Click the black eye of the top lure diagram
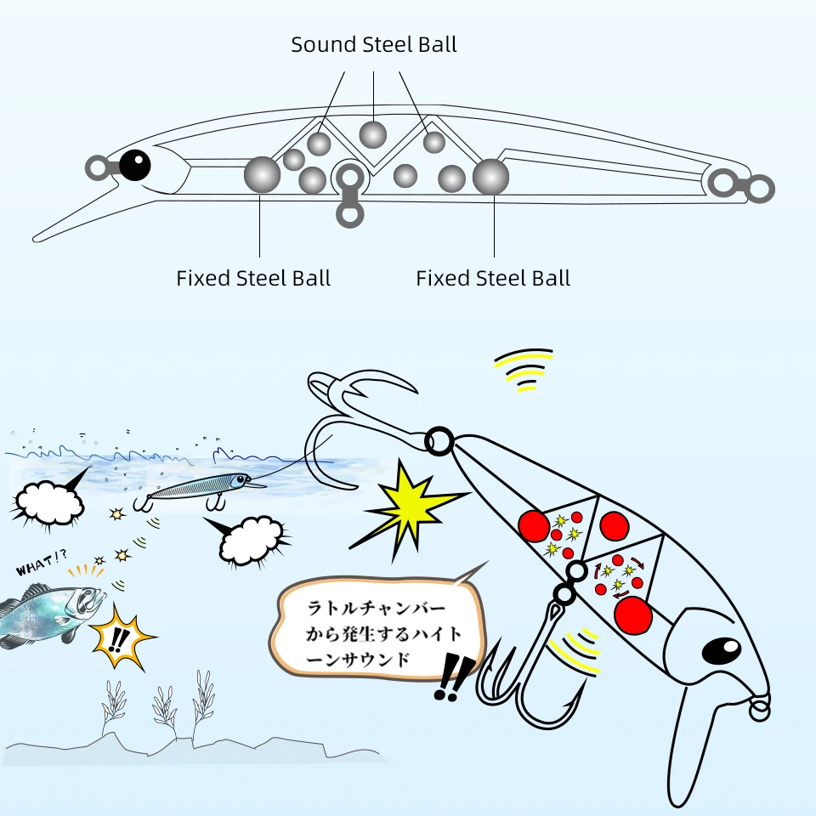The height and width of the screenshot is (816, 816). pos(135,165)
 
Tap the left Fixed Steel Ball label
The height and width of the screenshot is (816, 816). pos(253,278)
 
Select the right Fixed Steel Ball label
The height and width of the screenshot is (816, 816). pos(493,278)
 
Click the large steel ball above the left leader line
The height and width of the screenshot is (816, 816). pos(262,174)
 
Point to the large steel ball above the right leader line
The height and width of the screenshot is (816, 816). pos(490,177)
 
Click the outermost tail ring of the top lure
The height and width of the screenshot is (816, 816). pos(760,189)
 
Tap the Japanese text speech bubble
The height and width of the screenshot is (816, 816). pos(380,627)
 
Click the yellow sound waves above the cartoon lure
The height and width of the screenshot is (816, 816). pos(524,370)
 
